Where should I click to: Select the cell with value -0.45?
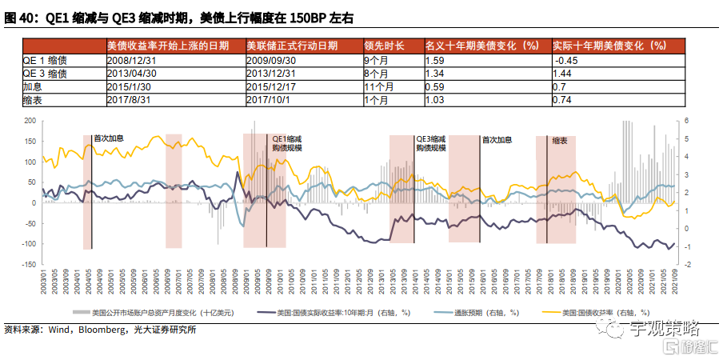tap(565, 60)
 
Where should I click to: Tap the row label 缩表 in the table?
tap(34, 99)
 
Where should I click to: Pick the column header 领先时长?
tap(385, 46)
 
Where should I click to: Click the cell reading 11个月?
tap(378, 86)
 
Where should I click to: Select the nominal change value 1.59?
tap(435, 60)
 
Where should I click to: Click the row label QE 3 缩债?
tap(45, 73)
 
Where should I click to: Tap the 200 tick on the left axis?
tap(30, 121)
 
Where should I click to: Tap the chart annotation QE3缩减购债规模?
tap(431, 143)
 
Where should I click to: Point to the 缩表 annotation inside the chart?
tap(561, 140)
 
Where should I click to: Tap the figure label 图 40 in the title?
tap(20, 17)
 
